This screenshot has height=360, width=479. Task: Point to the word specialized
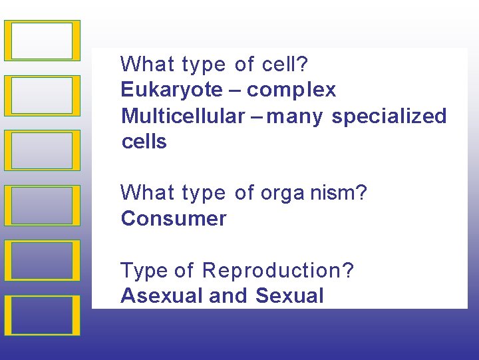[x=389, y=116]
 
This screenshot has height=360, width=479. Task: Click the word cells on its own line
[x=144, y=142]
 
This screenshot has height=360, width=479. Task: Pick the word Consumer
[x=174, y=219]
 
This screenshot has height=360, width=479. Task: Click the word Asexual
[x=162, y=296]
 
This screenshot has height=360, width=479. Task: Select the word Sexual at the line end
[x=289, y=296]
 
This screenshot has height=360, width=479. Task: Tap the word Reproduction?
[x=278, y=271]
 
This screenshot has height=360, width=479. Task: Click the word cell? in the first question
[x=285, y=65]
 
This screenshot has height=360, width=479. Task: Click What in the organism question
[x=145, y=194]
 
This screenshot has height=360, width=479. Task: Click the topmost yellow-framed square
[x=42, y=41]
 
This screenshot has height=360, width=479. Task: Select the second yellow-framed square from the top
[x=42, y=96]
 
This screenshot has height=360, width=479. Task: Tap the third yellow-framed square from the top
[x=42, y=150]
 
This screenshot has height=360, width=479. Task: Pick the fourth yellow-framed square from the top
[x=42, y=206]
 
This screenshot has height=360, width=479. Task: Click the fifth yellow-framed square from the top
[x=42, y=260]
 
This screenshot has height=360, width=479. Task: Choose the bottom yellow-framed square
[x=42, y=315]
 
